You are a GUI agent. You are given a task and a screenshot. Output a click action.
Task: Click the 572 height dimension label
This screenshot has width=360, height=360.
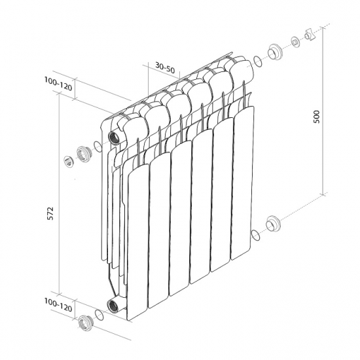(50, 213)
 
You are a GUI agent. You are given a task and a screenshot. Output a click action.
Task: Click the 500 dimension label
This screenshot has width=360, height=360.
(316, 117)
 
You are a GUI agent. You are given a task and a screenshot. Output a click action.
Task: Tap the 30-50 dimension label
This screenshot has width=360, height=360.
(165, 67)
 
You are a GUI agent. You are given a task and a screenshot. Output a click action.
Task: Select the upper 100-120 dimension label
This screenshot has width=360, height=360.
(58, 84)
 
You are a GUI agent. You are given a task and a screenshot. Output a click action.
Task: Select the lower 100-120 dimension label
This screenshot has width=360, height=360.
(58, 305)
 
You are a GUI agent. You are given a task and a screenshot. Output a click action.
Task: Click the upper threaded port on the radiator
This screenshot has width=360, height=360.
(114, 138)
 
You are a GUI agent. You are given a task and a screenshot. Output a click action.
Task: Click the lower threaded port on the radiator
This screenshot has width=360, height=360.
(113, 306)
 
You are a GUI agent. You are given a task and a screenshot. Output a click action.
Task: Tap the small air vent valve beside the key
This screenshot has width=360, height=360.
(295, 42)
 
